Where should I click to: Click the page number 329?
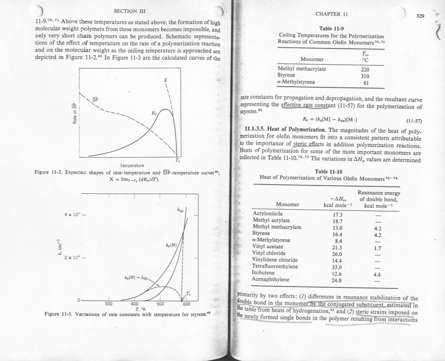coord(420,16)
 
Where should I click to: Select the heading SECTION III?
coord(130,11)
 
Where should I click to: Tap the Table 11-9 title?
coord(331,28)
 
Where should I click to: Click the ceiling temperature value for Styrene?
coord(365,76)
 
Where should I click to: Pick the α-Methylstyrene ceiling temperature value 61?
coord(366,83)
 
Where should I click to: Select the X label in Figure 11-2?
coord(165,80)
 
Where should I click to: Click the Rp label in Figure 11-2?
coord(154,113)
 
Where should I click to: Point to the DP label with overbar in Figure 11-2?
coord(95,100)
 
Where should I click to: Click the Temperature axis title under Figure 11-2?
coord(132,166)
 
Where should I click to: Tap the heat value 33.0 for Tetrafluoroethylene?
coord(337,267)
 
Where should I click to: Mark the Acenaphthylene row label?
coord(270,280)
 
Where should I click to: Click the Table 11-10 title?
coord(328,172)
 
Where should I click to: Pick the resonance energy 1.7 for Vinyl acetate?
coord(378,248)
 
